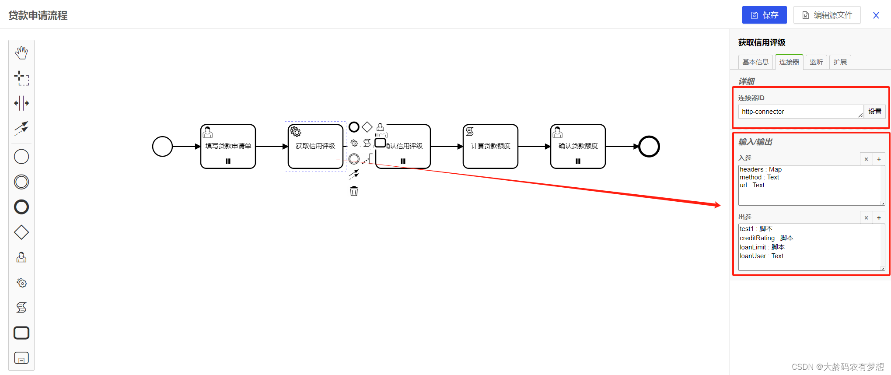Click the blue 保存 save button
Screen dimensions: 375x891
[x=764, y=15]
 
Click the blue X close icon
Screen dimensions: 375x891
[x=876, y=15]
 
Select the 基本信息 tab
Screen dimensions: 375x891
[x=755, y=62]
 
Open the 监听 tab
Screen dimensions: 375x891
[x=816, y=62]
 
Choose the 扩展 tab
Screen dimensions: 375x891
[x=840, y=62]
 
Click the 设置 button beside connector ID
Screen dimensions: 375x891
[x=875, y=112]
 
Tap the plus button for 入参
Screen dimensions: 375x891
[x=879, y=159]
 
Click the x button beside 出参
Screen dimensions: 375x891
[x=866, y=217]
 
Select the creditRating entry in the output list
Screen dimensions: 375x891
[x=766, y=238]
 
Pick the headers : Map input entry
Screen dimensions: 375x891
[x=761, y=169]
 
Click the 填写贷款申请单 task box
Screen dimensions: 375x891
[x=228, y=147]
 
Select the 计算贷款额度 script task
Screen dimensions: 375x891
[x=490, y=147]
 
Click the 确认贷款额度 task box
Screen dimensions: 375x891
[x=578, y=147]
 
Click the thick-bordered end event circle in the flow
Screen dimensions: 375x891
[x=649, y=147]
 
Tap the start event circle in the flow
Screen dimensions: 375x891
[x=162, y=147]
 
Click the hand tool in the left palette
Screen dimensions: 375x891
[x=21, y=53]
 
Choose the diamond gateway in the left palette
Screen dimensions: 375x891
[x=21, y=232]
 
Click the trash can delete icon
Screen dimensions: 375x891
[x=354, y=191]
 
